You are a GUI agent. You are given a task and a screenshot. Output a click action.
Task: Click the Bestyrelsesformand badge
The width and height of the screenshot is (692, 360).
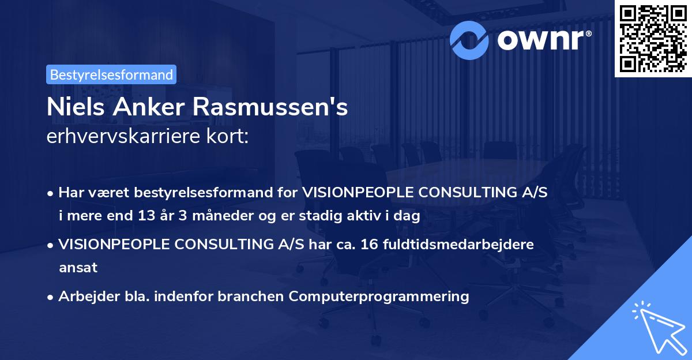[111, 74]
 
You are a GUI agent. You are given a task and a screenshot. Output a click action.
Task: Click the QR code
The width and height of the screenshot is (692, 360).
[653, 38]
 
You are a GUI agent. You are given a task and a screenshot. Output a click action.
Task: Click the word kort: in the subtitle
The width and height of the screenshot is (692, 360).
[230, 136]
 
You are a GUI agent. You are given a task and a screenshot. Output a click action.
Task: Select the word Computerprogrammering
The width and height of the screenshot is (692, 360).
[379, 297]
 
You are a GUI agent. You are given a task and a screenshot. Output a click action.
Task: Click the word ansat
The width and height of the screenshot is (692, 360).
[78, 268]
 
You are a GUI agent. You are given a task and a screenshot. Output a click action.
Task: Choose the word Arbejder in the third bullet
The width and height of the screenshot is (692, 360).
[85, 297]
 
